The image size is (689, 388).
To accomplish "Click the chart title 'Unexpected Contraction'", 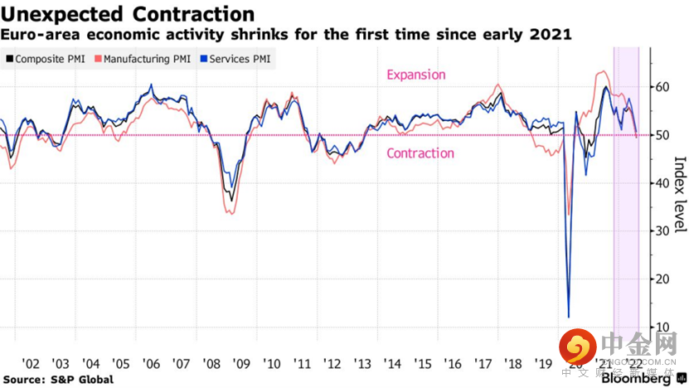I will point(128,14).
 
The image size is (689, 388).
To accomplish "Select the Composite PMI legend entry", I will point(48,60).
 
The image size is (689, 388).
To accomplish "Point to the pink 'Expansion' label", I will point(416,75).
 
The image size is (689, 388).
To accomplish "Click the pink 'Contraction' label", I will point(420,153).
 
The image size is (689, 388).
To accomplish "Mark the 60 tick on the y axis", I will point(661,87).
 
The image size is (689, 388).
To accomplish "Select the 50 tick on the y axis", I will point(661,135).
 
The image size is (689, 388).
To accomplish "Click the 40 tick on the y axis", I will point(661,183).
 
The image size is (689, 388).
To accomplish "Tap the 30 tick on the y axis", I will point(661,231).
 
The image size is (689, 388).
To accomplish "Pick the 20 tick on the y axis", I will point(661,279).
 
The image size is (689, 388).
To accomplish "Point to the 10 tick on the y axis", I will point(661,327).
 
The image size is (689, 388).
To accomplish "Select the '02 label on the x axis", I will point(31,364).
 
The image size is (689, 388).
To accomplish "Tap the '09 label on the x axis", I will point(241,364).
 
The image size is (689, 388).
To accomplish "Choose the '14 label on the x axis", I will point(393,364).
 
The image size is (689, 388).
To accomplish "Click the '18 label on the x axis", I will point(513,364).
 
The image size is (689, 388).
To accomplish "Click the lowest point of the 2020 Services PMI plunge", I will point(569,317).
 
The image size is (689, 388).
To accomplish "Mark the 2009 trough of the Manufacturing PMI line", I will point(230,214).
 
